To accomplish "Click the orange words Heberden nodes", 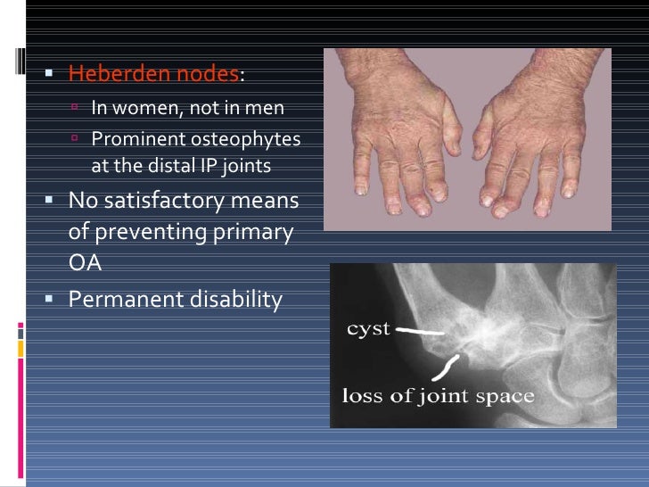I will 153,73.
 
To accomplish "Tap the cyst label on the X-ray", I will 367,328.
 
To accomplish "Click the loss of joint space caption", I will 439,395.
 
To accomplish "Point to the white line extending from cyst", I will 420,330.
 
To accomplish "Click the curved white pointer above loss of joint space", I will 448,364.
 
